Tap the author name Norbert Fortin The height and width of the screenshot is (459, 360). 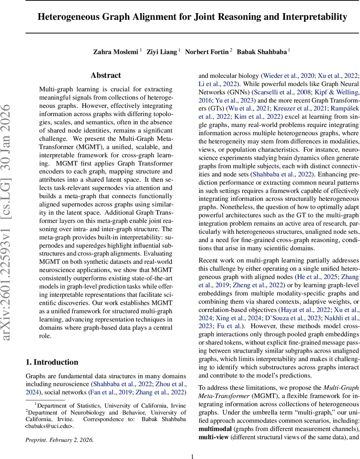pyautogui.click(x=206, y=52)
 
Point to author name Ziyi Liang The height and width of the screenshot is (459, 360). pyautogui.click(x=162, y=52)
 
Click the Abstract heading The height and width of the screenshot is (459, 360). pyautogui.click(x=106, y=75)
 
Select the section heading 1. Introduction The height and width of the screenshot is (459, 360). pyautogui.click(x=52, y=362)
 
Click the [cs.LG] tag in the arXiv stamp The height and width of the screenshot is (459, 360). pyautogui.click(x=11, y=192)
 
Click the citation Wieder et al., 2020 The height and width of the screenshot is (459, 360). pyautogui.click(x=288, y=76)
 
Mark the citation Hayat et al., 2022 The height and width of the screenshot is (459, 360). pyautogui.click(x=301, y=309)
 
